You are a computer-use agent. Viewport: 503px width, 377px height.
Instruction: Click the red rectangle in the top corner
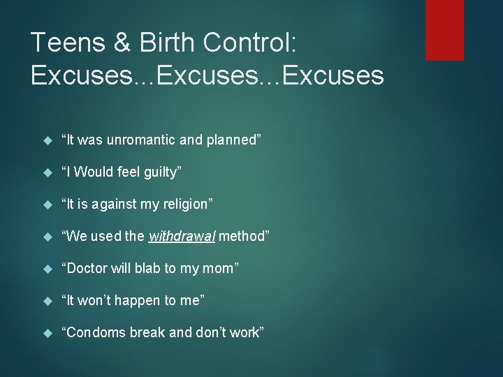tap(444, 29)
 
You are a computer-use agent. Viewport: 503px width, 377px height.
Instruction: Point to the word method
tap(243, 237)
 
